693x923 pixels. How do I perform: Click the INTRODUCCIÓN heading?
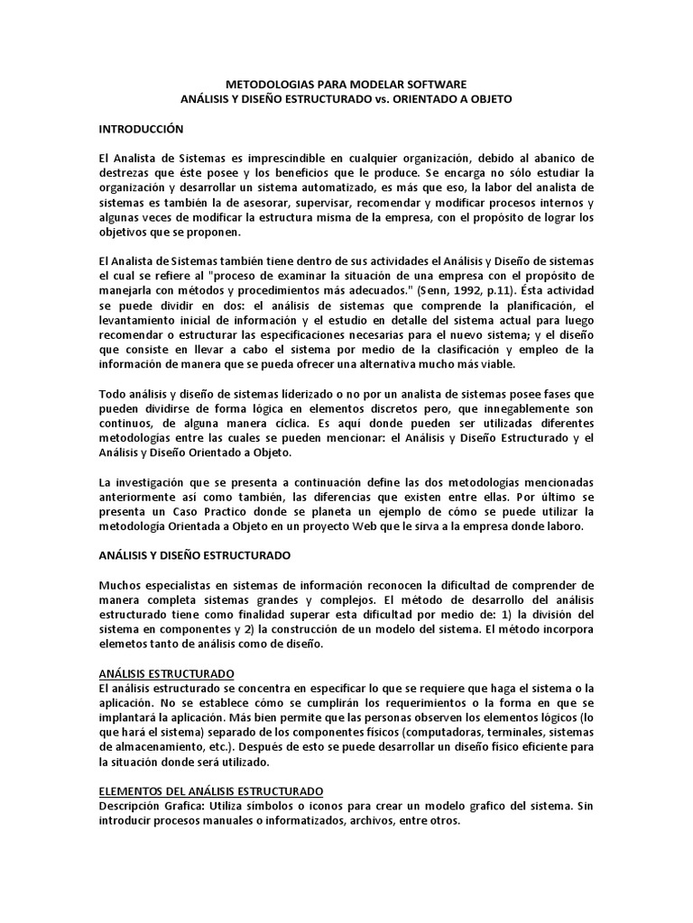click(x=141, y=129)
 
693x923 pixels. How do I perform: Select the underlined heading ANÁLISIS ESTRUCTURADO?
click(x=166, y=673)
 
